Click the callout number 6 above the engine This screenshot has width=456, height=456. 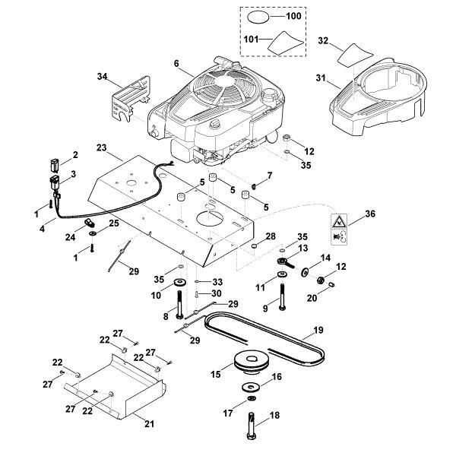click(176, 63)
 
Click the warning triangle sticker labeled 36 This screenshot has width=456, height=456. click(339, 221)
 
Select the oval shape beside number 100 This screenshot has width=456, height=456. click(260, 16)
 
